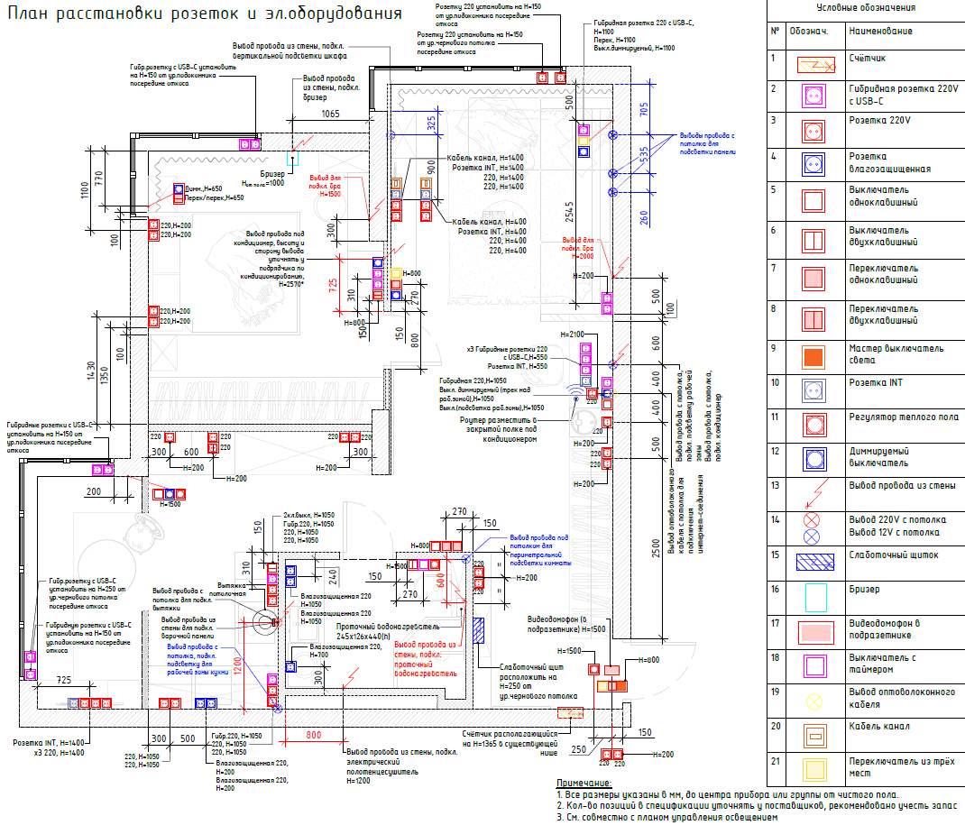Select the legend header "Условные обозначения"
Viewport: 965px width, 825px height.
[864, 7]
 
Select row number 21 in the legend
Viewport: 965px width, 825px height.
[774, 763]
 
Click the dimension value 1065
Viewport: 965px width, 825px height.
[330, 114]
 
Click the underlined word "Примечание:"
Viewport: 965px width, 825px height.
[584, 783]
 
